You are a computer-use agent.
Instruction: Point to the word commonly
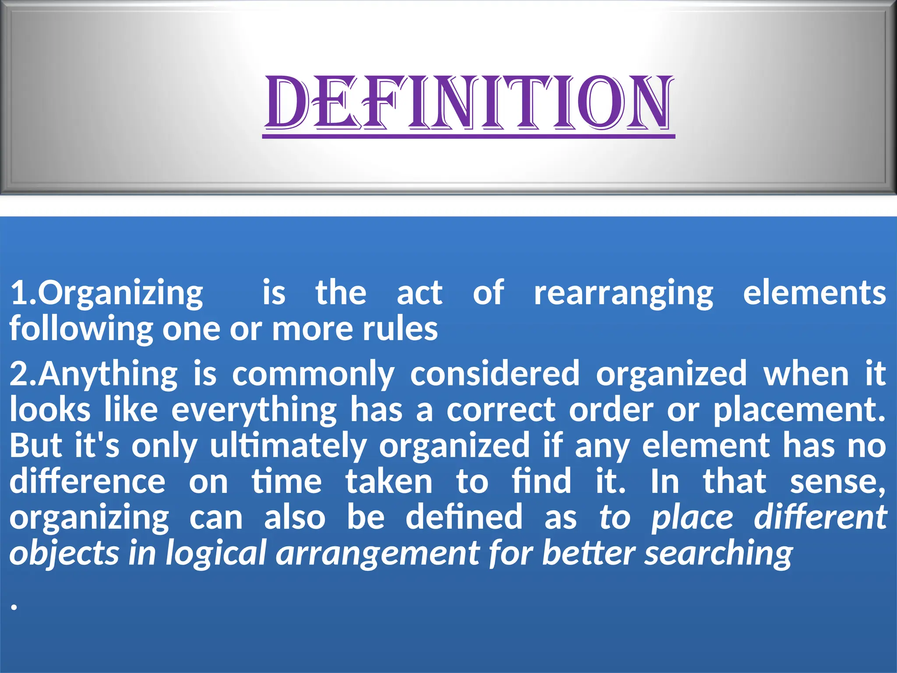pyautogui.click(x=313, y=375)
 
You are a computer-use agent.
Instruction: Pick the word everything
pyautogui.click(x=254, y=411)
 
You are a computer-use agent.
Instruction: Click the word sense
pyautogui.click(x=837, y=482)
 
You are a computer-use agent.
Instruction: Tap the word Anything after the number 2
pyautogui.click(x=108, y=375)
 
